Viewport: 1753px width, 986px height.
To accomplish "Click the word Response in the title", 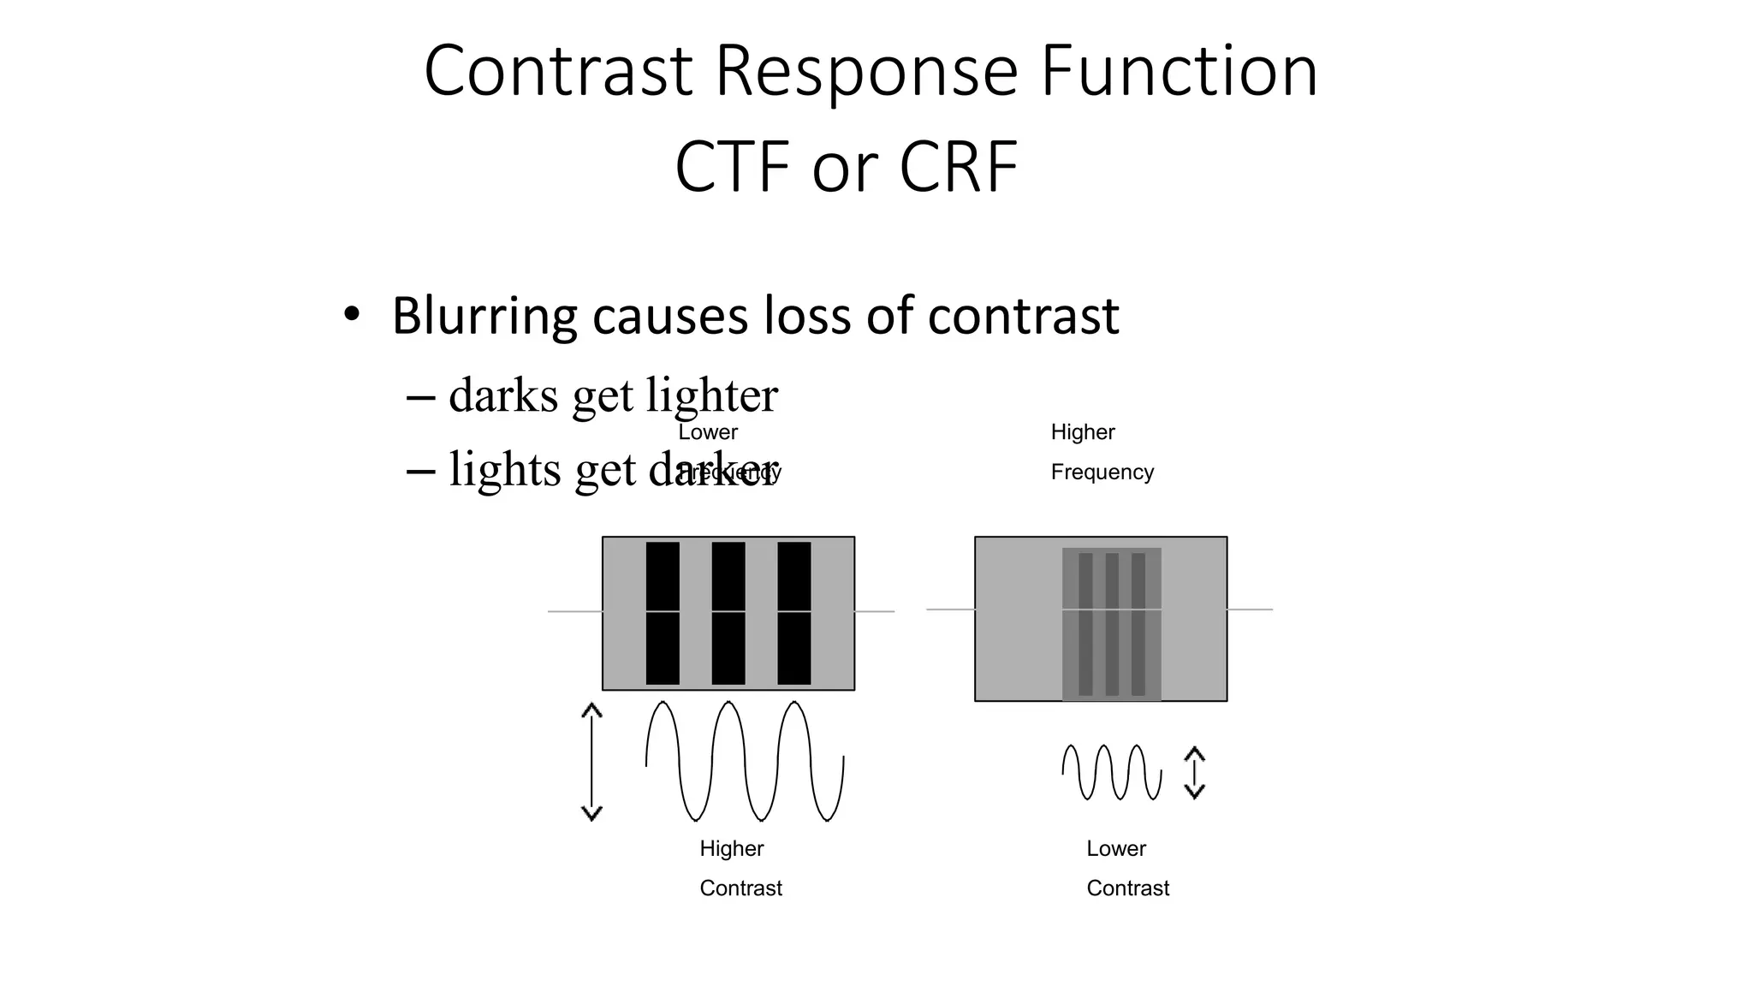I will click(866, 72).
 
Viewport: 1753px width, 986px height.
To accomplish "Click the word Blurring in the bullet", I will click(484, 317).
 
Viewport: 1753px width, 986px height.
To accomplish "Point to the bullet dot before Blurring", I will click(351, 314).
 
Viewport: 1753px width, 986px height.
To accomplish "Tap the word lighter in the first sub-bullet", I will click(712, 395).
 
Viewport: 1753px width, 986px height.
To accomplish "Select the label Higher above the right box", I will click(1083, 432).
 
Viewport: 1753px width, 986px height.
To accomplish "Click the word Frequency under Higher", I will click(1102, 472).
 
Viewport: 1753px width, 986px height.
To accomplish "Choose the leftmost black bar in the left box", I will click(663, 613).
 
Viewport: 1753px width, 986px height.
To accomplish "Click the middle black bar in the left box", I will click(728, 613).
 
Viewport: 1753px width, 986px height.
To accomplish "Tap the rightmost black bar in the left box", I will click(794, 613).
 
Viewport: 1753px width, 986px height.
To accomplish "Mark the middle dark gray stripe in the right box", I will click(1112, 624).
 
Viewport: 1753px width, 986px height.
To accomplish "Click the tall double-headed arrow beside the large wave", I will click(591, 762).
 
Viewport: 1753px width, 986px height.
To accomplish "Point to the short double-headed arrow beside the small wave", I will click(1194, 773).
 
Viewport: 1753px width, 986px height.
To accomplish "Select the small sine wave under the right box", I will click(1112, 772).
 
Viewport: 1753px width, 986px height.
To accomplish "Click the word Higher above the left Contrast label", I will click(732, 848).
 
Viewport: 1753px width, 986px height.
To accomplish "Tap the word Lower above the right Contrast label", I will click(1116, 848).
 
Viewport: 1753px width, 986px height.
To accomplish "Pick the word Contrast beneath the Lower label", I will click(1128, 888).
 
